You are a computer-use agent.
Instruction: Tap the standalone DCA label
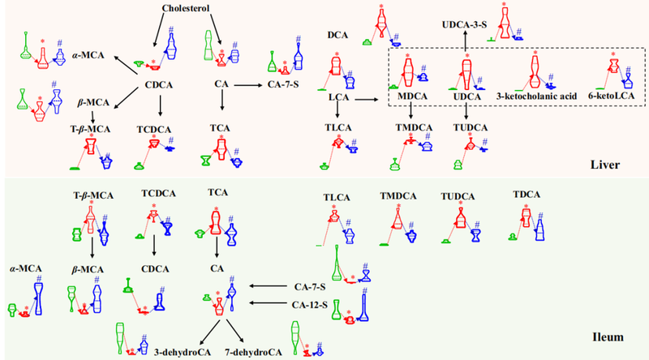338,36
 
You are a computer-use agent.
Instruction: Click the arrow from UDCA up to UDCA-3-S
465,42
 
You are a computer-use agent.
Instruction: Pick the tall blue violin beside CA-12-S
367,306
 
